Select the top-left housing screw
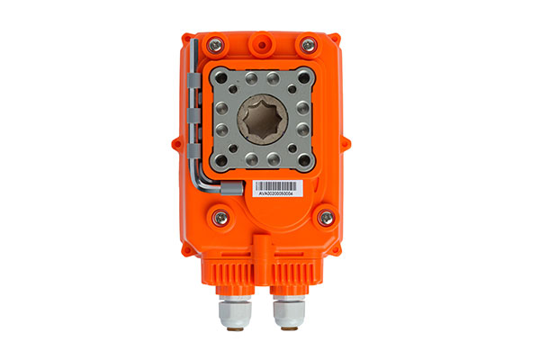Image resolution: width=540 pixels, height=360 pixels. tap(216, 44)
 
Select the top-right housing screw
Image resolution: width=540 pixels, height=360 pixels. tap(309, 44)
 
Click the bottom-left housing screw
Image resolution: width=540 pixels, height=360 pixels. tap(217, 218)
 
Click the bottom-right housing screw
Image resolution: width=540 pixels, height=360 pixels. tap(325, 217)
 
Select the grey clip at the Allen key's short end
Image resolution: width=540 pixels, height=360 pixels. tap(230, 188)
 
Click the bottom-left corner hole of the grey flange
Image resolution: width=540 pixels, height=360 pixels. tap(220, 163)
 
